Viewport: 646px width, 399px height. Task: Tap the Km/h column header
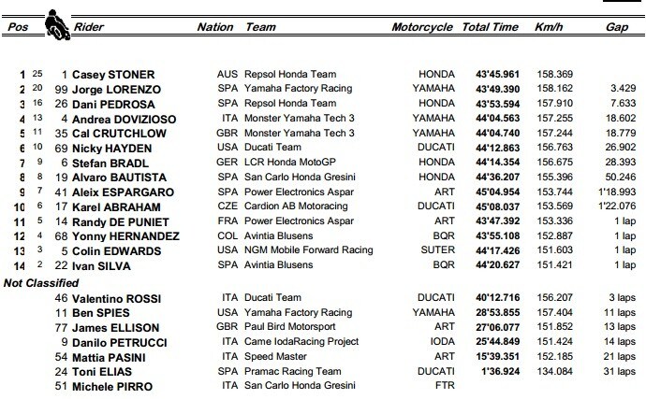pos(545,28)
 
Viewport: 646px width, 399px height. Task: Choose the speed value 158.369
pos(550,74)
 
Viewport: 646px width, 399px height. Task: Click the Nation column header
pos(215,28)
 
